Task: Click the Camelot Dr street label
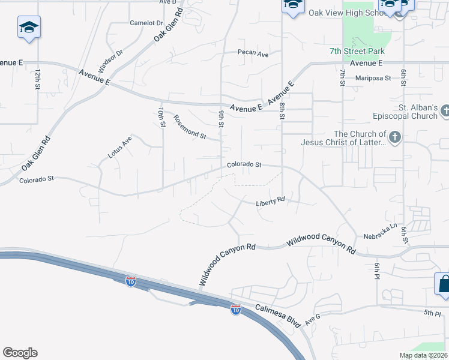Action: point(146,23)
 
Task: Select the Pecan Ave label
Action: point(253,53)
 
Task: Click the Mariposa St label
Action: point(373,78)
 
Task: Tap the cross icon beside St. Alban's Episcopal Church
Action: point(445,110)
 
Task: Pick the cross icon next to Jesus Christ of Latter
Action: point(394,138)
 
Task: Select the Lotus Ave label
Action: point(119,148)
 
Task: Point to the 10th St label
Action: point(161,117)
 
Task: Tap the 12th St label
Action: point(37,79)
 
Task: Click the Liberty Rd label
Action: point(270,202)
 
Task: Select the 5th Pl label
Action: point(432,313)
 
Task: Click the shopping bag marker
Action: point(443,284)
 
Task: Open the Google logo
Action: point(20,353)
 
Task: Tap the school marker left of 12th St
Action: point(29,28)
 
